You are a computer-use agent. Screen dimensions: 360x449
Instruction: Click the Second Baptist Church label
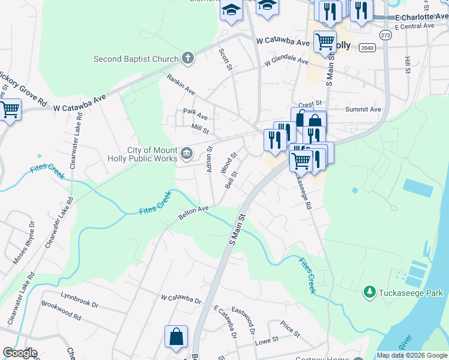[x=136, y=59]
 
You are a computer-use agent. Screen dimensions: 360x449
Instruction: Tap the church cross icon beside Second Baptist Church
[x=188, y=58]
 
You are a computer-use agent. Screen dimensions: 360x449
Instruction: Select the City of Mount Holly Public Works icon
[x=187, y=154]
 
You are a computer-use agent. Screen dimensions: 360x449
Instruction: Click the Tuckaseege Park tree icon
[x=370, y=292]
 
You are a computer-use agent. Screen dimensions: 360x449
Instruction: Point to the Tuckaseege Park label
[x=405, y=292]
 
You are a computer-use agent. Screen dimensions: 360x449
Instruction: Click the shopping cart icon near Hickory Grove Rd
[x=9, y=111]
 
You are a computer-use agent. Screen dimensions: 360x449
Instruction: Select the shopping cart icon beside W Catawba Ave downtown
[x=325, y=42]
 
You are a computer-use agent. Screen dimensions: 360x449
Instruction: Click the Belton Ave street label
[x=193, y=212]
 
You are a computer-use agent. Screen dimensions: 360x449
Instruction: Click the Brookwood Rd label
[x=61, y=310]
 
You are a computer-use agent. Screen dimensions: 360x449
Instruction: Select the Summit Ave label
[x=363, y=110]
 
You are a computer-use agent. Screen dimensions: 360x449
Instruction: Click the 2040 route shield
[x=368, y=47]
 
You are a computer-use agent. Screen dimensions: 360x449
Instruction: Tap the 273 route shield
[x=386, y=36]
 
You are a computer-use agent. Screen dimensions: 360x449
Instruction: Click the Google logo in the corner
[x=20, y=353]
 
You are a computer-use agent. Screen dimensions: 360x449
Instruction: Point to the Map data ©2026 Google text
[x=411, y=355]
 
